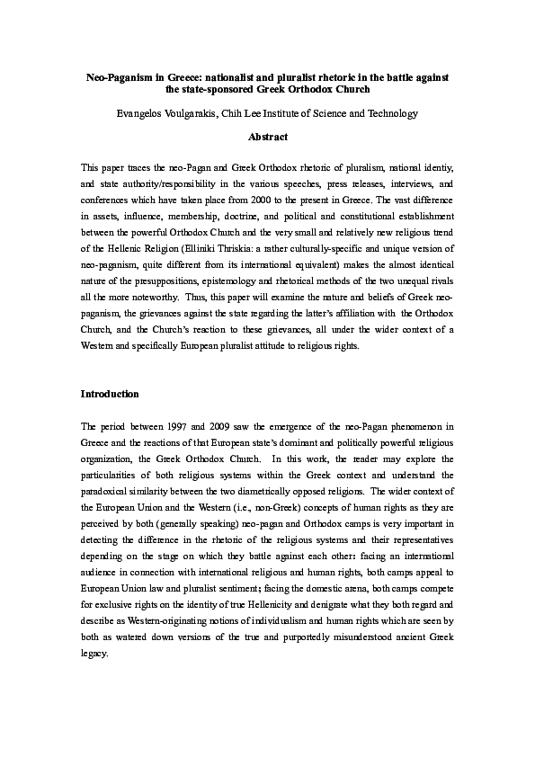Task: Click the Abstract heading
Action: click(267, 137)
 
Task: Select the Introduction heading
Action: click(110, 394)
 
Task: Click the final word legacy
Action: click(94, 653)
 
